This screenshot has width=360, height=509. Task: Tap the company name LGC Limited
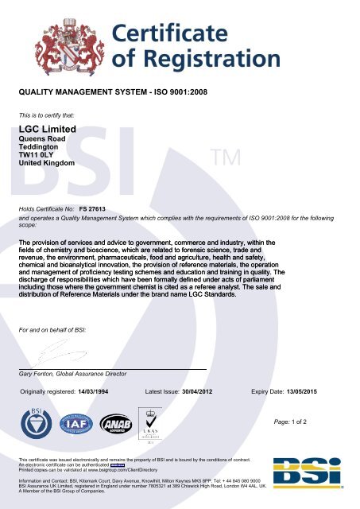point(47,129)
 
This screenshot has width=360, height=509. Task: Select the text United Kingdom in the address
point(47,163)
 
